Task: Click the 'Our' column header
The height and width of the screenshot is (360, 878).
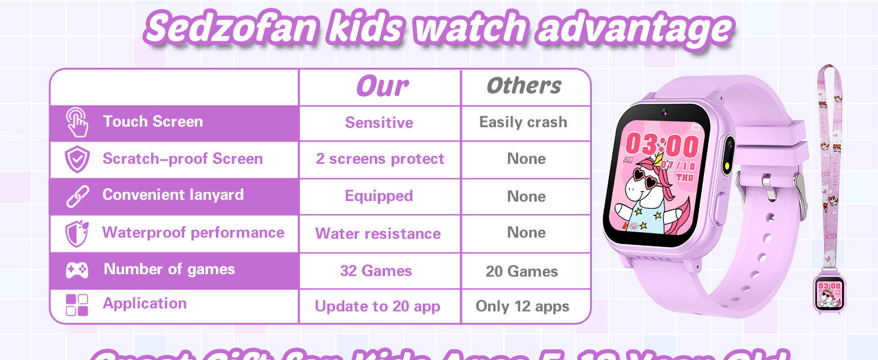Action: (x=382, y=87)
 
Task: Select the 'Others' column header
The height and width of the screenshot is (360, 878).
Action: (x=524, y=86)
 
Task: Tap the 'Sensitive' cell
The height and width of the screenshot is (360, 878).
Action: (x=379, y=123)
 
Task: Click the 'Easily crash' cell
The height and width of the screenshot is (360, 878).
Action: (x=523, y=122)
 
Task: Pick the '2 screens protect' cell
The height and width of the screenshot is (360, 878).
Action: (x=380, y=159)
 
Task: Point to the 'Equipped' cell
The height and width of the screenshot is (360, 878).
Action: (x=379, y=196)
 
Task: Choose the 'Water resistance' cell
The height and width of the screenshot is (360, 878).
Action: (x=378, y=233)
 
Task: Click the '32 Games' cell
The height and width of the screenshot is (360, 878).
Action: (x=376, y=271)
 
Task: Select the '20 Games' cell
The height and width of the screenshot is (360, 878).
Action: (x=522, y=271)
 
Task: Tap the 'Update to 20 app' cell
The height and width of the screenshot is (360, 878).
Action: (x=377, y=307)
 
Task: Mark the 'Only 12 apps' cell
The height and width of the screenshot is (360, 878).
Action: (x=522, y=307)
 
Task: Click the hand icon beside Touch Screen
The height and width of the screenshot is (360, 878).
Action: (x=77, y=122)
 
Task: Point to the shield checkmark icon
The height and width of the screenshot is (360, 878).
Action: (x=77, y=160)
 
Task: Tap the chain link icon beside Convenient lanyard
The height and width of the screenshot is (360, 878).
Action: (x=77, y=196)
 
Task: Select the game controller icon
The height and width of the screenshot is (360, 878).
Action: (x=77, y=271)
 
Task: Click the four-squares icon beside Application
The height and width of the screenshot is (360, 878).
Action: (x=77, y=305)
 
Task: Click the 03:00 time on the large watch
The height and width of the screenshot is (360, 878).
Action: (x=661, y=146)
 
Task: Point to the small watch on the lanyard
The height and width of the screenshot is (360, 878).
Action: (x=829, y=293)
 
